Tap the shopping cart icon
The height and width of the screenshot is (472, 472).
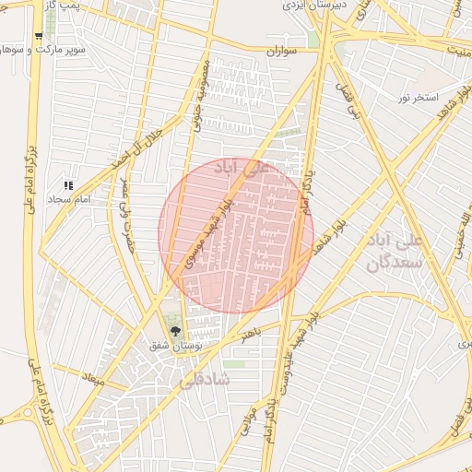point(38,36)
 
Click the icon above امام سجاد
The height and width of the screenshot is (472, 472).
point(68,186)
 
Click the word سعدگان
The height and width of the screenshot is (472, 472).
point(394,263)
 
